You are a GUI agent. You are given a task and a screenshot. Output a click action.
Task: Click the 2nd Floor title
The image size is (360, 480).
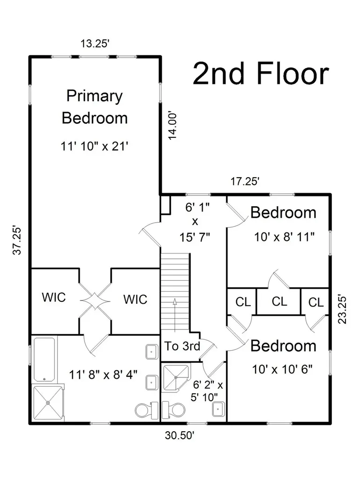click(x=261, y=74)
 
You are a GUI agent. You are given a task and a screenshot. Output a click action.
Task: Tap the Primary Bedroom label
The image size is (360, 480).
click(x=95, y=107)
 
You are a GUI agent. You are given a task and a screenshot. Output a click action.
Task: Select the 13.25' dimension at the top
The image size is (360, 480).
click(x=95, y=44)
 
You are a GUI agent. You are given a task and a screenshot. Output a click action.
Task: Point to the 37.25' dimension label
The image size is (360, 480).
click(x=17, y=240)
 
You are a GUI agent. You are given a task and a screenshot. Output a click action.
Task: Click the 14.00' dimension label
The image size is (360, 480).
click(x=172, y=126)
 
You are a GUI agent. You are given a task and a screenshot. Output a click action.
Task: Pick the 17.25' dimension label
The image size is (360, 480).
click(x=245, y=181)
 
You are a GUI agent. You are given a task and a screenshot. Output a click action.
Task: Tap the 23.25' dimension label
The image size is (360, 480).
click(x=342, y=309)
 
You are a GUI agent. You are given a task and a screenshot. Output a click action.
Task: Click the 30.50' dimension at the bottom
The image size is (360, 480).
click(x=180, y=435)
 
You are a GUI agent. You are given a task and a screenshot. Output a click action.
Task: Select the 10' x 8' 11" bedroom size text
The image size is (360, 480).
click(x=285, y=237)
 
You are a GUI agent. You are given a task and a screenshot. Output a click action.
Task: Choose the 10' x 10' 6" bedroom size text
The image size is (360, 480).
click(x=282, y=369)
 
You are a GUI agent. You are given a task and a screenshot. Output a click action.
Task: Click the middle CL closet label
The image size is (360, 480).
click(x=279, y=301)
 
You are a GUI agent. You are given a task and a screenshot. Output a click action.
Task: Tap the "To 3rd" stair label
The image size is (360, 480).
click(x=182, y=346)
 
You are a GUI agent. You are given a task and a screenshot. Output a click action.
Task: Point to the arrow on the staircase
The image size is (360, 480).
click(x=175, y=315)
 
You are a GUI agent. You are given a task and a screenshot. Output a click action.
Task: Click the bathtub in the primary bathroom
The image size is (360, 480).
click(x=45, y=360)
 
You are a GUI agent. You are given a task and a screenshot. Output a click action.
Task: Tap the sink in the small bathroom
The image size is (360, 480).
click(x=218, y=409)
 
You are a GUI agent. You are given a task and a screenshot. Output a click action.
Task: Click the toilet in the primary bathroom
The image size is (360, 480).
click(x=147, y=410)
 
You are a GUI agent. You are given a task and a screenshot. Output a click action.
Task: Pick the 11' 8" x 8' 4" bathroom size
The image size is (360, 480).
click(x=103, y=374)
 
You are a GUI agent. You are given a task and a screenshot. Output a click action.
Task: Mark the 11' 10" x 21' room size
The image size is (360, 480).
click(x=94, y=146)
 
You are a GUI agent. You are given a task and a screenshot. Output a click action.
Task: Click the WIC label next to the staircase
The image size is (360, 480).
click(x=135, y=300)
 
